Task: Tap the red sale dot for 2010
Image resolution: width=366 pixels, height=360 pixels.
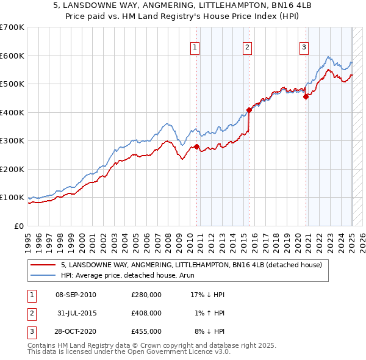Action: pyautogui.click(x=196, y=147)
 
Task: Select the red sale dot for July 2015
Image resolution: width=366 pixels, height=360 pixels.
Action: pyautogui.click(x=249, y=110)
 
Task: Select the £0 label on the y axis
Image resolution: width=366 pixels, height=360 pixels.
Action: pyautogui.click(x=18, y=226)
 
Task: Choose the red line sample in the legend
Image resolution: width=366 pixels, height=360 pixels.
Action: pyautogui.click(x=43, y=265)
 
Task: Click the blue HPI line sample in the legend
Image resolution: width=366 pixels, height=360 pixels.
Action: pyautogui.click(x=43, y=275)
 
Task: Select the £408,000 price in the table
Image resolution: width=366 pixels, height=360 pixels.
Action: pyautogui.click(x=146, y=313)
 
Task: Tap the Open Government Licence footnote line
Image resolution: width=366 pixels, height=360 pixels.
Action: pyautogui.click(x=129, y=352)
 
